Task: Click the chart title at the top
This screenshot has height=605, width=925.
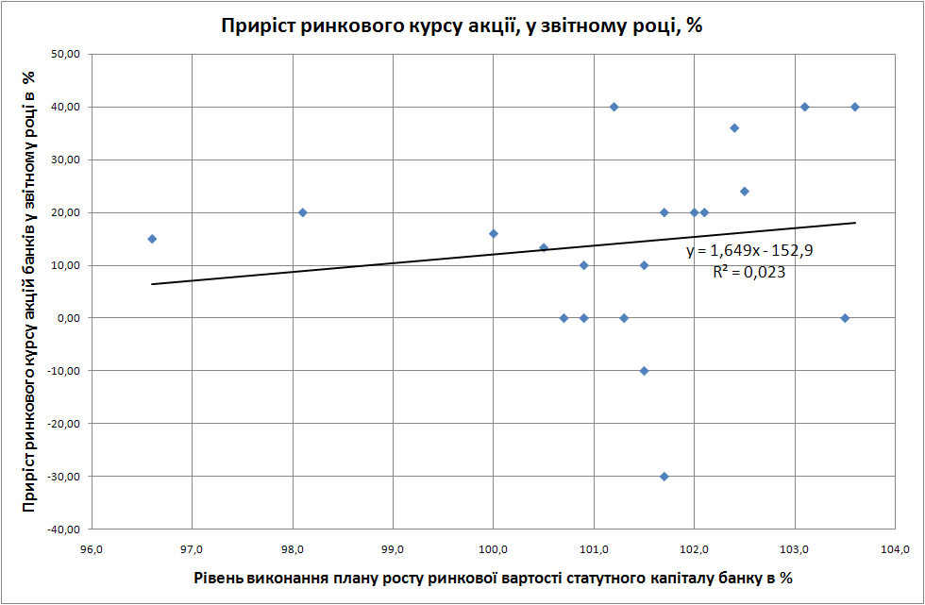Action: tap(462, 25)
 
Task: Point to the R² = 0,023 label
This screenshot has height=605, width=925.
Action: tap(749, 272)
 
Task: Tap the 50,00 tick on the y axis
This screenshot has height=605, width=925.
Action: tap(66, 55)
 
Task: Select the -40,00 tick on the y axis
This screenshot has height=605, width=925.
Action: tap(64, 529)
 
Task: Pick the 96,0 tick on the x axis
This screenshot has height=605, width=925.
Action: tap(92, 550)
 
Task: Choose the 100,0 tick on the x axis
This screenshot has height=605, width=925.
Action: tap(493, 550)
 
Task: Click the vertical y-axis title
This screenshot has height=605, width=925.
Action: tap(28, 292)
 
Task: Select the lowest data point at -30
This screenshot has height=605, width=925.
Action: tap(664, 477)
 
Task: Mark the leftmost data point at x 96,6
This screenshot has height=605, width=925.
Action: tap(152, 239)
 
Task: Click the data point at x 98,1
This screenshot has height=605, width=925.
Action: tap(303, 212)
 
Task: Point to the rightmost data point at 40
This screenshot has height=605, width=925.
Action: tap(855, 107)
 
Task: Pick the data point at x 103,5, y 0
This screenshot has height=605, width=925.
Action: tap(845, 318)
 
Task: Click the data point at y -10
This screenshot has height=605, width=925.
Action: tap(644, 371)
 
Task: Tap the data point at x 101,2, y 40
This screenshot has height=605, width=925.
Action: tap(614, 107)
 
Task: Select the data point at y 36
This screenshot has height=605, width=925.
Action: tap(734, 127)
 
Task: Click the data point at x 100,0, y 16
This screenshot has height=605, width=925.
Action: tap(494, 233)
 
